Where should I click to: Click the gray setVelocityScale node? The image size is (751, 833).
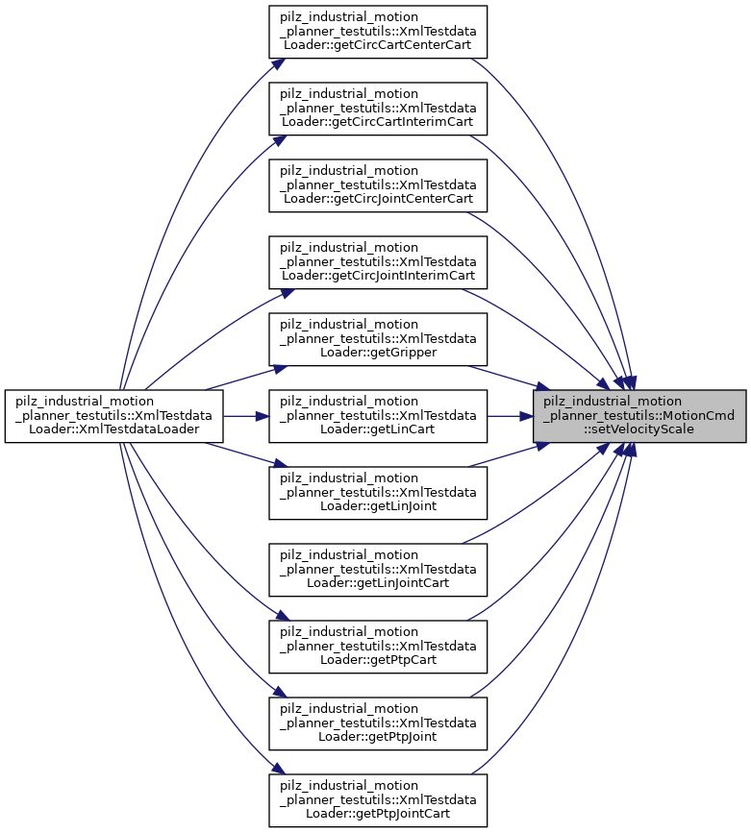639,415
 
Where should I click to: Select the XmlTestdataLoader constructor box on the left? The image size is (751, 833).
114,415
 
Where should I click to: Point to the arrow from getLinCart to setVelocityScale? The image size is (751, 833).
510,415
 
